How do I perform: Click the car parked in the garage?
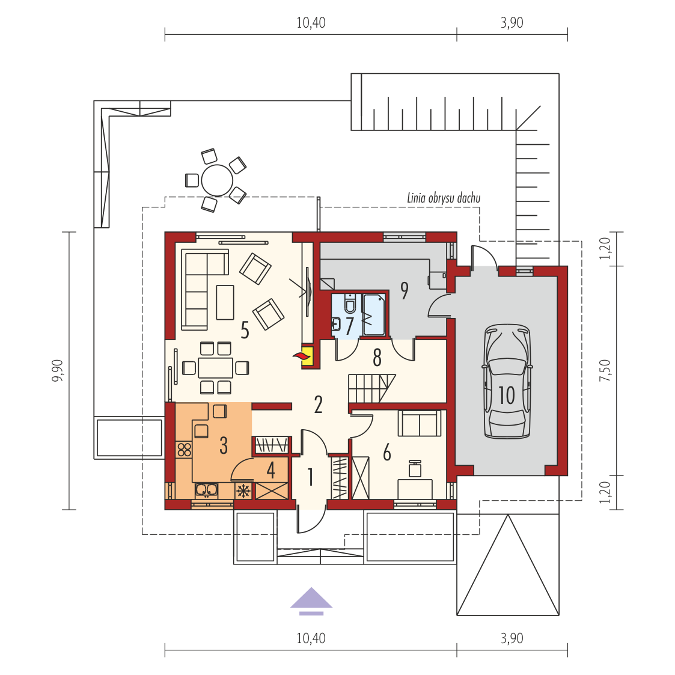[507, 382]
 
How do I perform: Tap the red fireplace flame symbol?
[302, 356]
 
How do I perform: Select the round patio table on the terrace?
[217, 180]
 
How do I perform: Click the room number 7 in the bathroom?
[349, 326]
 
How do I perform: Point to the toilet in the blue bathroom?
[350, 304]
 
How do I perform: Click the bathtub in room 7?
[374, 314]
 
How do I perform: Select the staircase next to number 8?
[371, 388]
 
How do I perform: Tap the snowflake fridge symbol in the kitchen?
[243, 490]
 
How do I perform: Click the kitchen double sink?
[207, 490]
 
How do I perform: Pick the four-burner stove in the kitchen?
[184, 450]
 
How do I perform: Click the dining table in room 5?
[215, 368]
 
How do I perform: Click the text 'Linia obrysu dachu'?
[444, 198]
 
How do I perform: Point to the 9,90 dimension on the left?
[58, 371]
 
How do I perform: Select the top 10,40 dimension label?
[311, 22]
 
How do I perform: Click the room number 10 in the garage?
[507, 395]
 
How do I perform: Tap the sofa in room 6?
[420, 423]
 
